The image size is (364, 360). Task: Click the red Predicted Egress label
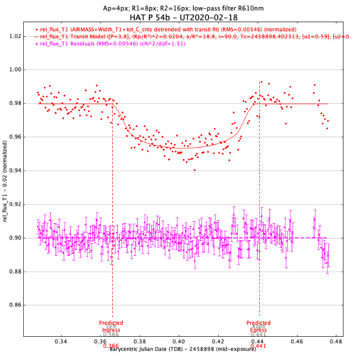[260, 327]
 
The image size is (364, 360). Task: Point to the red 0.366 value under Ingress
[111, 346]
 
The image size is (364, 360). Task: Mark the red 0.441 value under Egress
[258, 346]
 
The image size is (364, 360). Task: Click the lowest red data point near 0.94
[194, 170]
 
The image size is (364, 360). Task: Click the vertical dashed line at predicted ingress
[112, 216]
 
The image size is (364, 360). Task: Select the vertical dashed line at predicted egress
[260, 216]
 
